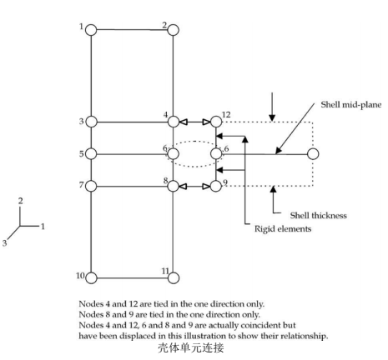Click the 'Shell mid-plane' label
pyautogui.click(x=351, y=105)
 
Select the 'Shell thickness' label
pyautogui.click(x=319, y=215)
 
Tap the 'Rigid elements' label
pyautogui.click(x=283, y=229)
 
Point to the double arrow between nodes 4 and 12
pyautogui.click(x=194, y=122)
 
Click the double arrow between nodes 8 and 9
pyautogui.click(x=194, y=186)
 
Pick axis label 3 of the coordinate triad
pyautogui.click(x=4, y=243)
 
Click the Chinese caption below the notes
pyautogui.click(x=191, y=347)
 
